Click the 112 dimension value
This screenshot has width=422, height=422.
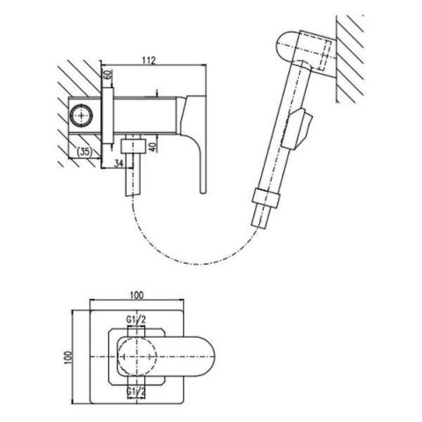click(149, 61)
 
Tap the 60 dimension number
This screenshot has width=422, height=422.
click(108, 74)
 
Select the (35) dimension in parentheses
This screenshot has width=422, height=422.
click(84, 151)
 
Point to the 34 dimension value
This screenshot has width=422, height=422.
click(119, 164)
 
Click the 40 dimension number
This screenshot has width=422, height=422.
click(152, 146)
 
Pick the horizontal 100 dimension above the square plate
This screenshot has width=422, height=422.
click(137, 295)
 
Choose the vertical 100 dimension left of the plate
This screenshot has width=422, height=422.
click(68, 357)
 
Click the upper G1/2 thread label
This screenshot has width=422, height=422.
click(136, 319)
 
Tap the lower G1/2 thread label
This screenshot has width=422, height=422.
click(136, 392)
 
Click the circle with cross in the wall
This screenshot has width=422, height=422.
click(81, 114)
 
